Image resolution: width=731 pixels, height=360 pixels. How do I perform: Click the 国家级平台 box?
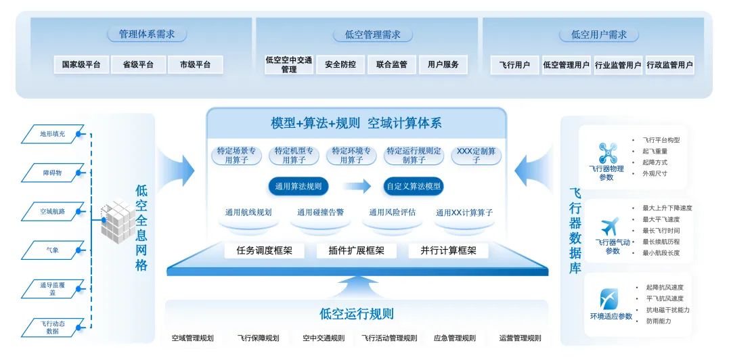click(x=81, y=65)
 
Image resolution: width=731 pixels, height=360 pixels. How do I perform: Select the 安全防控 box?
click(x=340, y=65)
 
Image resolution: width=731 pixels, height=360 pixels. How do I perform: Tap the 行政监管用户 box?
click(x=669, y=66)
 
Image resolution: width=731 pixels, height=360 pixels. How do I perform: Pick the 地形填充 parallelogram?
click(x=53, y=134)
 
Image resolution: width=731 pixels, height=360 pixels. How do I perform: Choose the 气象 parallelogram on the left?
click(x=52, y=250)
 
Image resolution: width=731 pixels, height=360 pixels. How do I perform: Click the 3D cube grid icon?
click(x=116, y=219)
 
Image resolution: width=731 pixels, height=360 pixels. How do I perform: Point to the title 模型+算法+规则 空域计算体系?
click(x=356, y=123)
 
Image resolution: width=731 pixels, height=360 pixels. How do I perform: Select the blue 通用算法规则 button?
click(x=298, y=186)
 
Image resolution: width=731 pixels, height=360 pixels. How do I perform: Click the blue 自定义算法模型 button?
click(x=413, y=186)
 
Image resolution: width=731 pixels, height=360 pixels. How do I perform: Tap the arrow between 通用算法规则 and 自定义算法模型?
click(x=356, y=186)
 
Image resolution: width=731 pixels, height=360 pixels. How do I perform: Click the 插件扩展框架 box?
click(x=356, y=250)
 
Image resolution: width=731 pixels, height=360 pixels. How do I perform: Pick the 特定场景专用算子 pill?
click(x=236, y=156)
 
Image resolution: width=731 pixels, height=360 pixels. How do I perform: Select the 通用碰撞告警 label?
click(x=320, y=212)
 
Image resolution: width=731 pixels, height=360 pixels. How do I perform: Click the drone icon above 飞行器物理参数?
click(x=607, y=152)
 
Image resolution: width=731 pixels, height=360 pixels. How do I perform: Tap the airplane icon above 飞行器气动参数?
click(x=609, y=226)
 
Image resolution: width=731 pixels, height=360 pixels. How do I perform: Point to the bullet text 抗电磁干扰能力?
click(x=667, y=310)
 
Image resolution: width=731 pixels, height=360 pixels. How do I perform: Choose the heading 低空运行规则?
click(x=356, y=314)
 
